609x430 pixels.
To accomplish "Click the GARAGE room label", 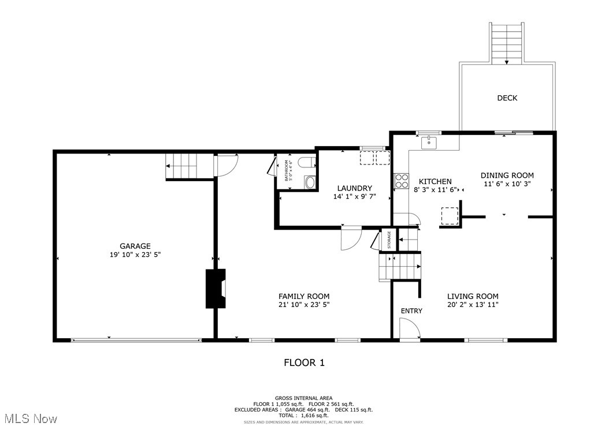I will (x=135, y=246).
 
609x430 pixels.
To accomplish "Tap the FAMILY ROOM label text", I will (x=304, y=296).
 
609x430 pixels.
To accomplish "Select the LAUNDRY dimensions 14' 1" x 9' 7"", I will (x=354, y=196).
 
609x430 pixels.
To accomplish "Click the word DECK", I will (x=507, y=98).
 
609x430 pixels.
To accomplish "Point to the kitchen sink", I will (x=429, y=142).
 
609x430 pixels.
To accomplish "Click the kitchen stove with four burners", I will (x=401, y=181).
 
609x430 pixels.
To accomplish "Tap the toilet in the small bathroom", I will (x=307, y=163).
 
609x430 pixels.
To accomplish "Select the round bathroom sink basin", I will (x=310, y=183).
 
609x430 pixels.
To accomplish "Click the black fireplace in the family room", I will (x=216, y=289).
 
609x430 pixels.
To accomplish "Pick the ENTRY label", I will (x=411, y=311).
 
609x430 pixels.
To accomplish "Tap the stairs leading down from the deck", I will (x=507, y=43).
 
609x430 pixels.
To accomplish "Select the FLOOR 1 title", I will (x=304, y=362).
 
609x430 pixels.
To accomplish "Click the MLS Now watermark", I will (x=29, y=418).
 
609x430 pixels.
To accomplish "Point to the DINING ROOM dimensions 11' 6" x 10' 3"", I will (x=507, y=184).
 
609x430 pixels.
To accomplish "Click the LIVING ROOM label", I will (x=473, y=296).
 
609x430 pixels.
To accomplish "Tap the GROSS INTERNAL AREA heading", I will (x=303, y=398).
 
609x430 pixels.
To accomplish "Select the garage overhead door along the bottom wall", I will (x=136, y=340).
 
